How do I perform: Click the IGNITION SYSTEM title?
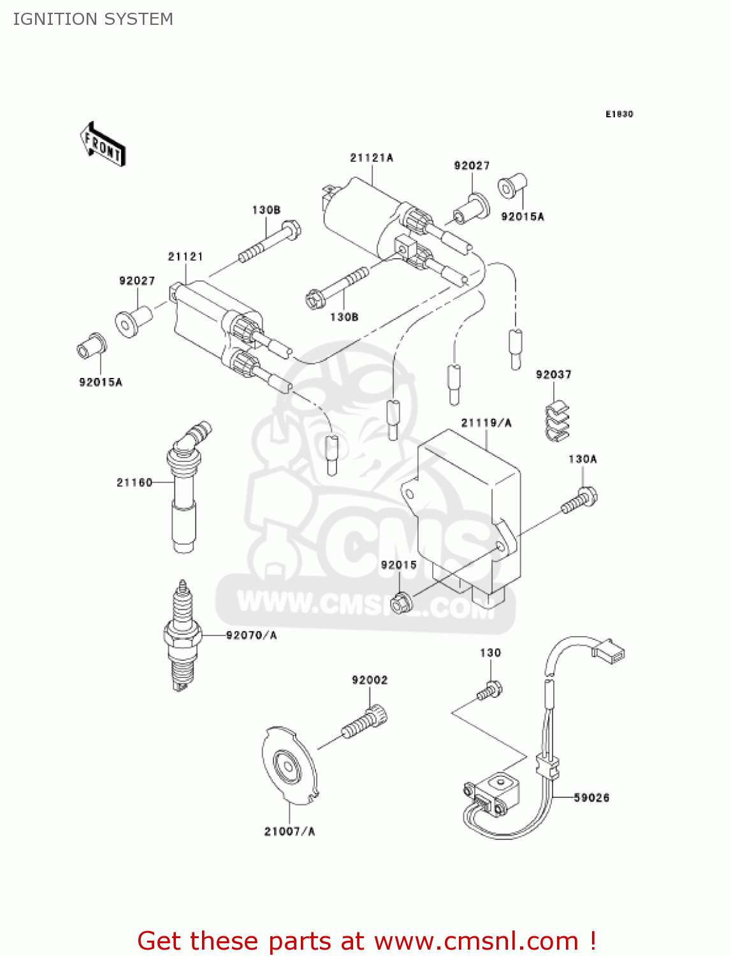click(93, 19)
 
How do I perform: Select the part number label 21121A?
click(371, 157)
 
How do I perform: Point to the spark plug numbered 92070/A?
click(182, 636)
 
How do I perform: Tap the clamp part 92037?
click(557, 421)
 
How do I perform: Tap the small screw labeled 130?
click(489, 692)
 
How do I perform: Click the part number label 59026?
click(591, 797)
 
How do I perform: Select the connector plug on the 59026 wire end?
click(609, 650)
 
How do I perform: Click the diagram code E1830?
click(619, 114)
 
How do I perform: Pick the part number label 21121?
click(185, 256)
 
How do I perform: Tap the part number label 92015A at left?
click(100, 382)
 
